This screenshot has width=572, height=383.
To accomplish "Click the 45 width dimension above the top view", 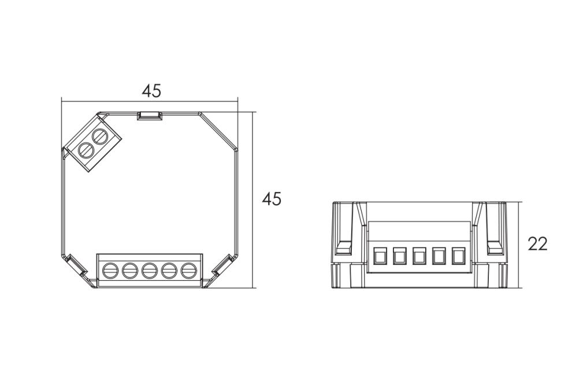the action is (x=151, y=91).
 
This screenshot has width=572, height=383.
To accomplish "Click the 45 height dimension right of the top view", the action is (x=272, y=199).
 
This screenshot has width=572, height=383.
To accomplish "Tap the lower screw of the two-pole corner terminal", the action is (x=87, y=149).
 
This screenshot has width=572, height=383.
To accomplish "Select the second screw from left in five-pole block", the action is (x=129, y=271).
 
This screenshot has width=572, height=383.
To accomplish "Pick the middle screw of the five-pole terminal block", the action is (x=149, y=271).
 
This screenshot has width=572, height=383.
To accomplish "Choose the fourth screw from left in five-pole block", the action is (x=169, y=271).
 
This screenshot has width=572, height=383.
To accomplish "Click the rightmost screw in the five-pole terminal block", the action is (x=188, y=271).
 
